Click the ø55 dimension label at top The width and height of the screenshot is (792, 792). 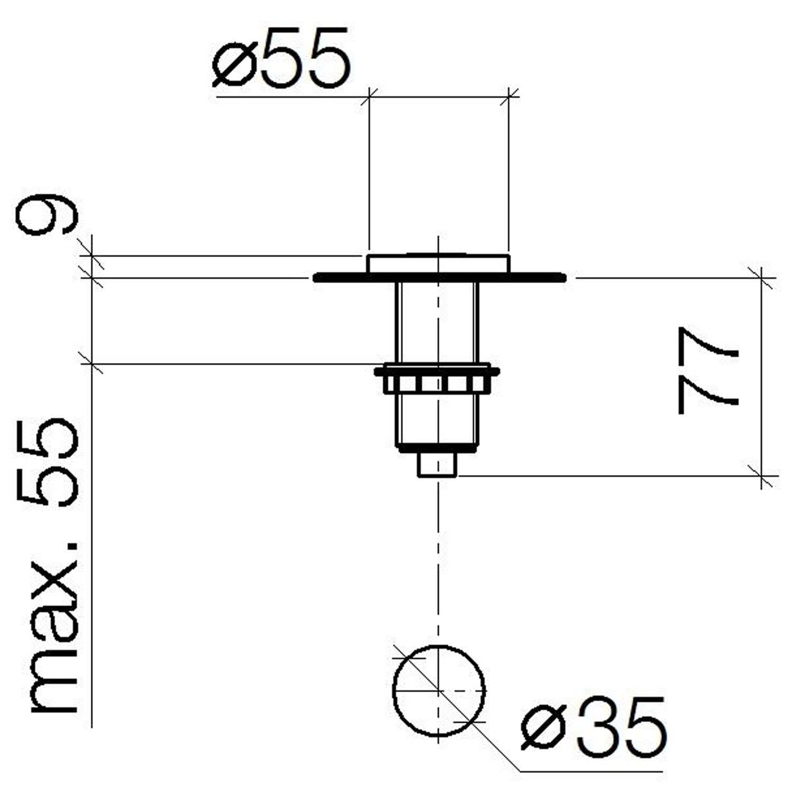281,57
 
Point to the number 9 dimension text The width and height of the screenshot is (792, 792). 48,212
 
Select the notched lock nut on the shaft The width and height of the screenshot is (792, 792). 437,379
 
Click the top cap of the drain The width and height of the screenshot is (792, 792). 438,263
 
